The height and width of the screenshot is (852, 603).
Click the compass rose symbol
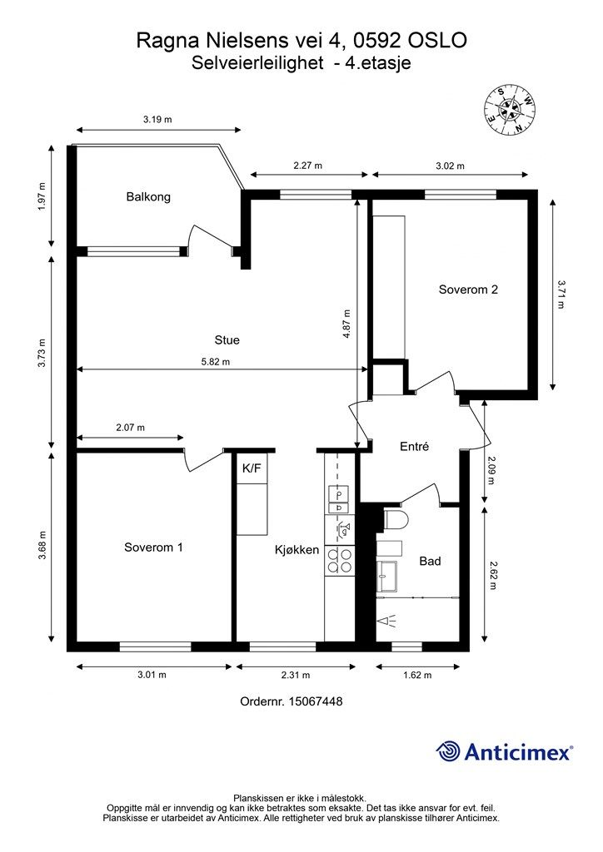click(509, 110)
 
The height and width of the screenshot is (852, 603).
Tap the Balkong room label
click(148, 196)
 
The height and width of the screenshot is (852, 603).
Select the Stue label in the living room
click(227, 340)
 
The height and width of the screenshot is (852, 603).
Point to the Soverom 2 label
click(468, 290)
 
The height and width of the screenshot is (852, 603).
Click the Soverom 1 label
click(153, 547)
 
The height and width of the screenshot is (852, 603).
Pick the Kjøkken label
click(297, 550)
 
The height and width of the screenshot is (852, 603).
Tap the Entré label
click(414, 446)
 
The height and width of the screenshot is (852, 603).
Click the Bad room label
click(430, 561)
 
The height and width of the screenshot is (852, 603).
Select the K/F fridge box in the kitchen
click(252, 468)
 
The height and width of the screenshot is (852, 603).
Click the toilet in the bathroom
click(396, 519)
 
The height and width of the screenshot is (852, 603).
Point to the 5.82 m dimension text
click(216, 361)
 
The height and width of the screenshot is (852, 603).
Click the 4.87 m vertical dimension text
click(346, 324)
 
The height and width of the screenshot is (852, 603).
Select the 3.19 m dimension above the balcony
click(157, 120)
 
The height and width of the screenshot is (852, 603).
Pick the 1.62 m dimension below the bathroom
click(417, 675)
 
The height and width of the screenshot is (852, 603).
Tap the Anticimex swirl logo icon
click(448, 751)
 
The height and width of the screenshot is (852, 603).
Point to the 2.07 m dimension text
click(131, 428)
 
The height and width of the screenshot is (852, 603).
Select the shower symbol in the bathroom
click(387, 622)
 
